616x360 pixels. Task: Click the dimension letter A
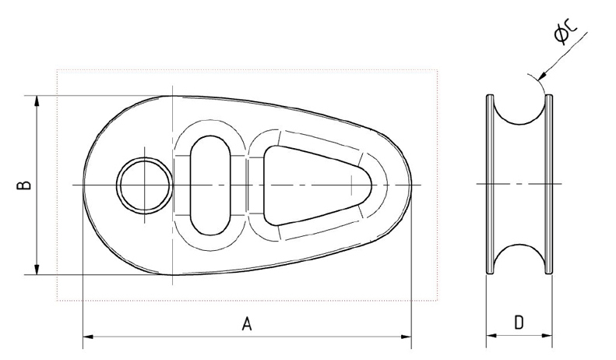247,323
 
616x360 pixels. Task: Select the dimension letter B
25,185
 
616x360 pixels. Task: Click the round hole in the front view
144,185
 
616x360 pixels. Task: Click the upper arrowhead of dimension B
37,101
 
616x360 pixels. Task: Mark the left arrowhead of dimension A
87,337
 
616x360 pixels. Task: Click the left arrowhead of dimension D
491,337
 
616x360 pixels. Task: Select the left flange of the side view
490,185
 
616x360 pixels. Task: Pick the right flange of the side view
550,185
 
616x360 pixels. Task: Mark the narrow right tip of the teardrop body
410,185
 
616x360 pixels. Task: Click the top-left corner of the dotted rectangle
57,71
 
